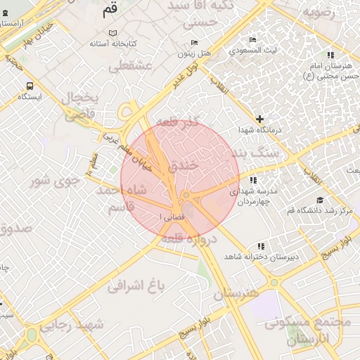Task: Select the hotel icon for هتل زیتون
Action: click(195, 43)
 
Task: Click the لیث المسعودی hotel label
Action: click(257, 51)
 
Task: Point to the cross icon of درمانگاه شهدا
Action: click(260, 119)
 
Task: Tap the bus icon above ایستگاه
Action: click(29, 86)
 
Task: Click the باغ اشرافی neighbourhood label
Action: click(136, 285)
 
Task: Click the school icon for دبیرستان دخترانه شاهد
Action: click(262, 246)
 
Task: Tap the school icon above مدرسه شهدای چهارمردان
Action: click(253, 181)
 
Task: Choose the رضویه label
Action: click(323, 13)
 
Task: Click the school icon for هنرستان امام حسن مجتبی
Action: click(330, 56)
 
